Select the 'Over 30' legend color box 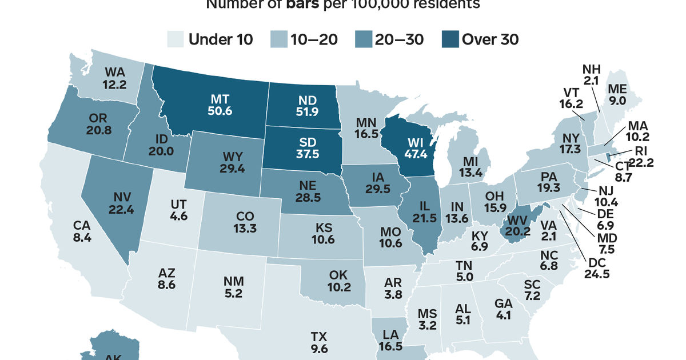[450, 39]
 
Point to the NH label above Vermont [591, 69]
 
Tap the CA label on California [82, 225]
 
